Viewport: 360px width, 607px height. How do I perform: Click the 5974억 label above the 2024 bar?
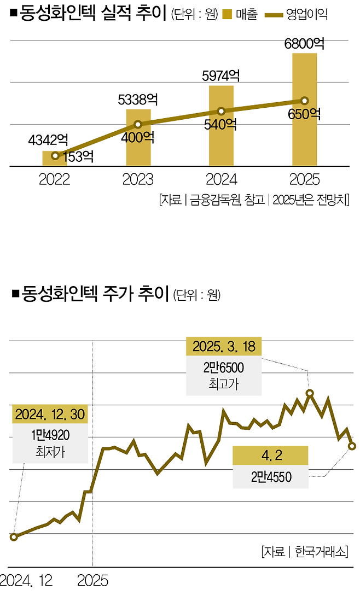click(221, 75)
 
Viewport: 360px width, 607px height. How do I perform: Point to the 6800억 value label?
click(304, 43)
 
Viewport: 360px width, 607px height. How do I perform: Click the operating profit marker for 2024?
click(221, 111)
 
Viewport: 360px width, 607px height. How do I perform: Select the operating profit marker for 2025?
click(305, 101)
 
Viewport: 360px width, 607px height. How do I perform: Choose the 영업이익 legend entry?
click(298, 15)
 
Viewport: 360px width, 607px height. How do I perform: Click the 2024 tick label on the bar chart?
click(221, 180)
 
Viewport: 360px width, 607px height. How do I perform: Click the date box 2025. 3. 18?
click(224, 347)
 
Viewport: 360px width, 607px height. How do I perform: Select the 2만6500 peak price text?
click(224, 367)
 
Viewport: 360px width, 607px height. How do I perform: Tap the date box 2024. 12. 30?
click(50, 414)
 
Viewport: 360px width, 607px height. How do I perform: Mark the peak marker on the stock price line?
click(310, 393)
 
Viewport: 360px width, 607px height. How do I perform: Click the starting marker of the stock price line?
click(14, 537)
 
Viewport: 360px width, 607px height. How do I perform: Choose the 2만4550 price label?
click(271, 477)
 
